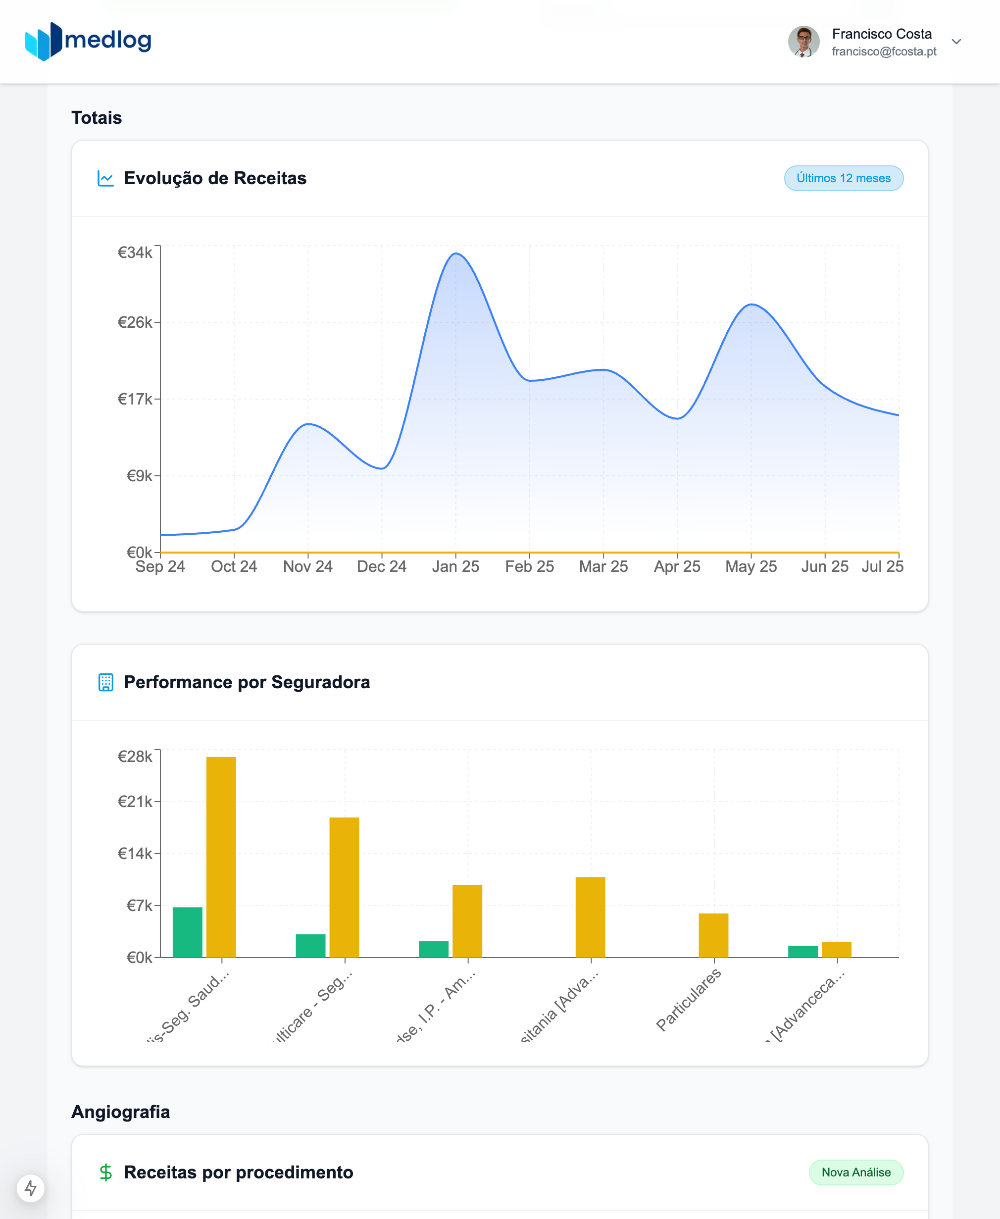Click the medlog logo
tap(88, 41)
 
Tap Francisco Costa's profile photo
tap(803, 42)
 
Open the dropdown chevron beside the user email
tap(956, 42)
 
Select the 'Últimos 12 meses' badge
tap(844, 178)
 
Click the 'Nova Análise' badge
tap(855, 1172)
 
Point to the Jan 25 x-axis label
tap(455, 566)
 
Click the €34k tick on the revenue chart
tap(135, 253)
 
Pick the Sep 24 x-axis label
tap(160, 566)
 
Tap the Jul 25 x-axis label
tap(882, 566)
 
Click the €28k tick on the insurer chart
tap(135, 757)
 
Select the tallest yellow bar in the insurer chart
tap(221, 857)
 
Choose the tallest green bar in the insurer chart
tap(187, 932)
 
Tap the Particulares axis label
tap(689, 1000)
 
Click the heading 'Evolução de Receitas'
tap(215, 178)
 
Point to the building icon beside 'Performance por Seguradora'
tap(106, 682)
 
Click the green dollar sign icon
tap(105, 1172)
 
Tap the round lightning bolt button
tap(31, 1188)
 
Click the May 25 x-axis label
tap(750, 566)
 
